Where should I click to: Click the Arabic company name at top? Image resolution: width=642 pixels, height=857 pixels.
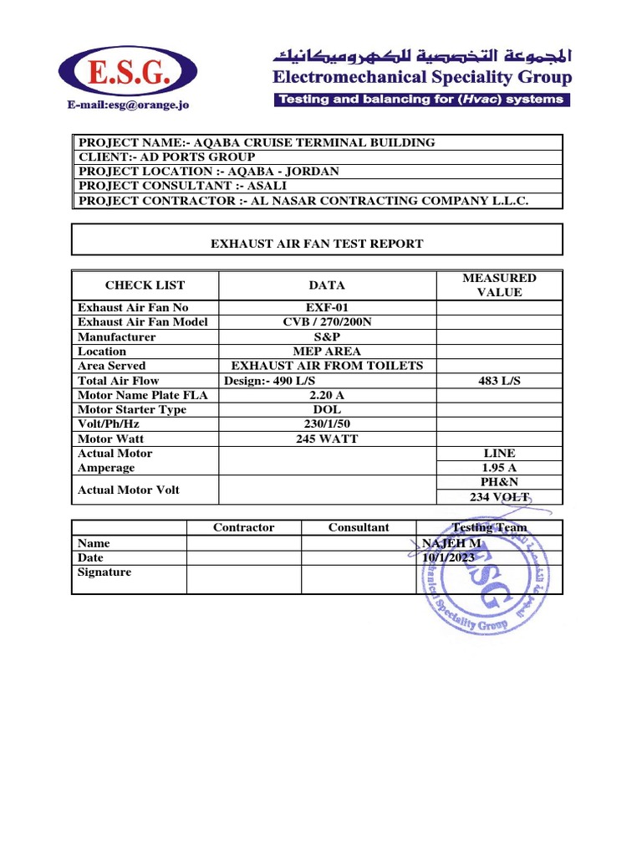pyautogui.click(x=420, y=57)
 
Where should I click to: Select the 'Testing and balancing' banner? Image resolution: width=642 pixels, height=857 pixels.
pyautogui.click(x=422, y=100)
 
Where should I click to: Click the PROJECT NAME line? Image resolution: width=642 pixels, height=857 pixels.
pyautogui.click(x=257, y=142)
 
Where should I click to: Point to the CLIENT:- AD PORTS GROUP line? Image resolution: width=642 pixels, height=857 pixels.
pyautogui.click(x=166, y=157)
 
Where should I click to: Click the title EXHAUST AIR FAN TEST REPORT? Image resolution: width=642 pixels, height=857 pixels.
pyautogui.click(x=317, y=244)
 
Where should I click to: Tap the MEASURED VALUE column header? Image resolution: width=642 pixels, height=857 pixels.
pyautogui.click(x=499, y=285)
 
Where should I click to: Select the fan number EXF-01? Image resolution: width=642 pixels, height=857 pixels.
pyautogui.click(x=328, y=308)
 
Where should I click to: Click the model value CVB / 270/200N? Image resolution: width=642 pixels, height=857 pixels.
pyautogui.click(x=328, y=322)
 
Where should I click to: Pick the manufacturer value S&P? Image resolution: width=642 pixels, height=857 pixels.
pyautogui.click(x=328, y=336)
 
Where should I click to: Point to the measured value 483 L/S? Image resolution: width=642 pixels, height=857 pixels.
pyautogui.click(x=499, y=381)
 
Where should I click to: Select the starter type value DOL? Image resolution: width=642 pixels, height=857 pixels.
pyautogui.click(x=328, y=409)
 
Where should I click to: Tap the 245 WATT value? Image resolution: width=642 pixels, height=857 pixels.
pyautogui.click(x=328, y=439)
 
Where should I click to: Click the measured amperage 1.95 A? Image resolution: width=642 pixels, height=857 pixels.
pyautogui.click(x=499, y=468)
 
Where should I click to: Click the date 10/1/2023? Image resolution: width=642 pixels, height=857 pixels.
pyautogui.click(x=449, y=557)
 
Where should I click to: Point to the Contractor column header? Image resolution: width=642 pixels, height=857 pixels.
pyautogui.click(x=243, y=527)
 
